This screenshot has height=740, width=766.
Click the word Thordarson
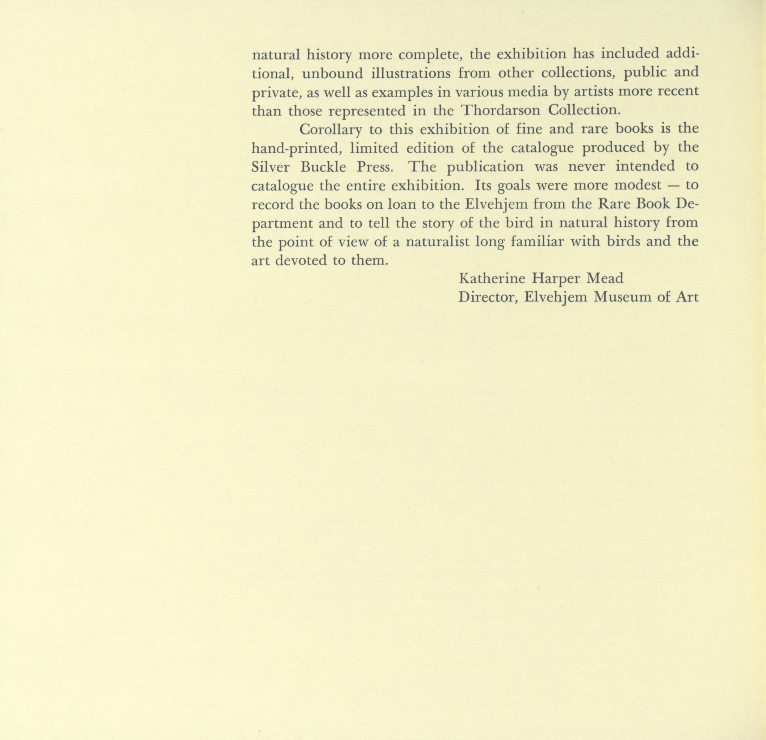[499, 111]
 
